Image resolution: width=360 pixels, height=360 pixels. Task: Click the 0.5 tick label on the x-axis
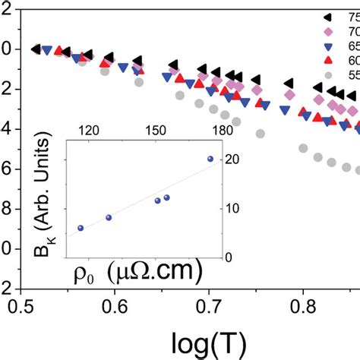(22, 305)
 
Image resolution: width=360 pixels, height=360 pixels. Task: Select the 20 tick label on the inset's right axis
(242, 159)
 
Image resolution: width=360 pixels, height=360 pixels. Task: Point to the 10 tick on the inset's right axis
(242, 208)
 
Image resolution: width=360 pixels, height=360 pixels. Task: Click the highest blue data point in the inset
(210, 159)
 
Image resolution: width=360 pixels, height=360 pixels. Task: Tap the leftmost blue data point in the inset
(81, 228)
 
